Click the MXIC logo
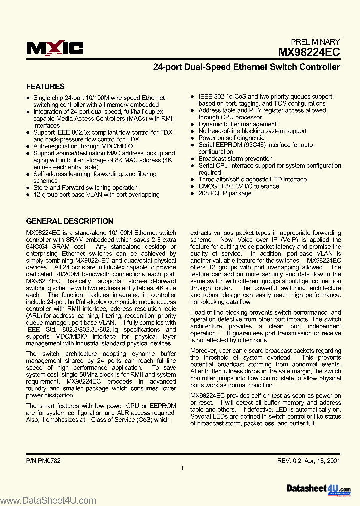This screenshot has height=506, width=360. (55, 48)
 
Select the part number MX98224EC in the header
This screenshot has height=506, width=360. (309, 52)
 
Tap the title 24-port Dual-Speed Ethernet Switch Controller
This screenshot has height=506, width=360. (246, 67)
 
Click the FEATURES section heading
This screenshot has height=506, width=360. (45, 86)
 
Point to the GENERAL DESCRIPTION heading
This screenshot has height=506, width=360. (69, 221)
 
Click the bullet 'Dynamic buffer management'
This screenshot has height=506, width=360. (237, 124)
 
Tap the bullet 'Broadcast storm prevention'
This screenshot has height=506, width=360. (235, 159)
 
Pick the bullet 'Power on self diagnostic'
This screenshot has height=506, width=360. (231, 138)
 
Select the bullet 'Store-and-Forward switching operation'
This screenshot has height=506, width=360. (85, 188)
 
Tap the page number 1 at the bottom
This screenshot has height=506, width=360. (182, 468)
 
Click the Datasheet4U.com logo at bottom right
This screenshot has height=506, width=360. (318, 489)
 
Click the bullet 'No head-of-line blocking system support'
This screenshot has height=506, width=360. (252, 131)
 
